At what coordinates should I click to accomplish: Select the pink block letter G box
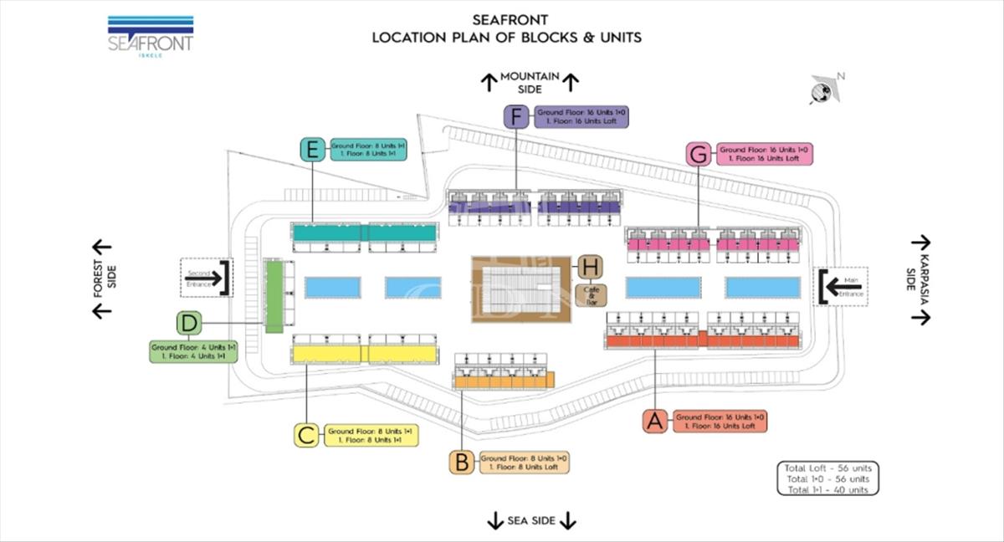click(x=699, y=154)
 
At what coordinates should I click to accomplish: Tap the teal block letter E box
click(x=312, y=150)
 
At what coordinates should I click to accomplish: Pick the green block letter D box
click(x=189, y=322)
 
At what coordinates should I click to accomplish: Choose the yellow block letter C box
click(x=306, y=435)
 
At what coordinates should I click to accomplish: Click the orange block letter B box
click(x=462, y=462)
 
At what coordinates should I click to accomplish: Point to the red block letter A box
click(x=655, y=421)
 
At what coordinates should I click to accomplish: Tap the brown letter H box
click(x=591, y=268)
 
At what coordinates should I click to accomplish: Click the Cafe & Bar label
click(x=591, y=294)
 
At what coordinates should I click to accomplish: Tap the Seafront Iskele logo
click(x=151, y=36)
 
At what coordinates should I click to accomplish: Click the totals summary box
click(x=827, y=478)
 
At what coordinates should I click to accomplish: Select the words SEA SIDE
click(x=531, y=521)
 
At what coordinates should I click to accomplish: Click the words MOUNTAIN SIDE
click(x=530, y=82)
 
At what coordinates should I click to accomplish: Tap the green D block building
click(x=274, y=296)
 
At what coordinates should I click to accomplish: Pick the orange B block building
click(x=502, y=381)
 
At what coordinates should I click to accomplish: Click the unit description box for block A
click(x=720, y=421)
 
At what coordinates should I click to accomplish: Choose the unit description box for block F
click(x=581, y=116)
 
